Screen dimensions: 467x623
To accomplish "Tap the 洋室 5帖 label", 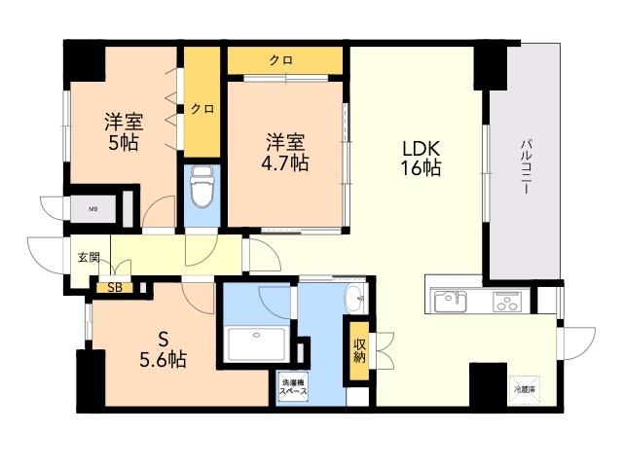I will coord(125,134).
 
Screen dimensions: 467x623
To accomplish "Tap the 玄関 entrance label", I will coord(88,258).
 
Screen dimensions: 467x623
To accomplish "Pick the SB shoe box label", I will coord(115,287).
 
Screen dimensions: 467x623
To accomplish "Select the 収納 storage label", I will coord(359,349).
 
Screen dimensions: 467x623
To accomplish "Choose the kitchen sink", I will coord(452,299).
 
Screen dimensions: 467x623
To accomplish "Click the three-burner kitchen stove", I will coord(508,300).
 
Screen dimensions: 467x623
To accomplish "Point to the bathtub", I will coord(256,343).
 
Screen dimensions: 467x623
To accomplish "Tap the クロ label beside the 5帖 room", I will coord(202,109).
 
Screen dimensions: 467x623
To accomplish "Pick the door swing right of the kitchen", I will coord(577,341).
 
